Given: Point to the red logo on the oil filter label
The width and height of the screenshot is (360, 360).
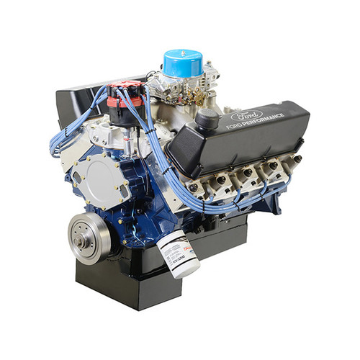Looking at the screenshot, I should [x=186, y=249].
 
